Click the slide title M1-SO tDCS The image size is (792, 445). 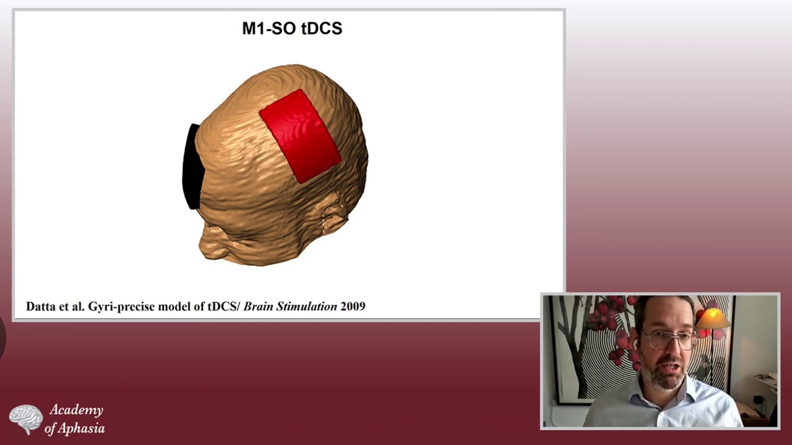[x=291, y=28]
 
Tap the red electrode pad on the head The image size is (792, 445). [x=300, y=136]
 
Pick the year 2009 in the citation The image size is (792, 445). [x=353, y=306]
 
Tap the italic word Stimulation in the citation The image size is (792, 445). [x=307, y=306]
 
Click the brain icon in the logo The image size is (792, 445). [x=25, y=418]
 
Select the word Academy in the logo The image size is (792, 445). [x=76, y=410]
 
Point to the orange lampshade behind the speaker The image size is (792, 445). [x=713, y=318]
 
